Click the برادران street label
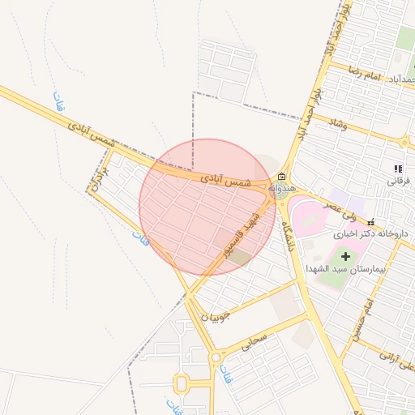coord(101,176)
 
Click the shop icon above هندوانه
coord(281,177)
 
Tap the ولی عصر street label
coord(338,212)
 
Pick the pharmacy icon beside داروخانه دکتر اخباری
coord(370,222)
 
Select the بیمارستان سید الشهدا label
coord(344,267)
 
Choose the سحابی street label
coord(253,344)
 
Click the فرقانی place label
coord(397,180)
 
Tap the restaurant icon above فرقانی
coord(397,169)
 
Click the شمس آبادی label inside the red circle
coord(220,182)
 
